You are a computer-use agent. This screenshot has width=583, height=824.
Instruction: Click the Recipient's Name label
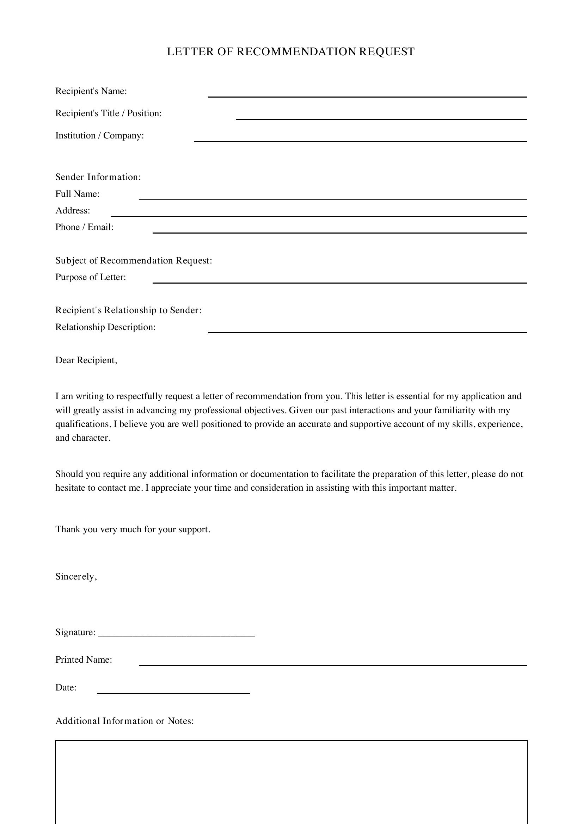tap(91, 91)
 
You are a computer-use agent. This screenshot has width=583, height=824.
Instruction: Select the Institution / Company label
tap(99, 136)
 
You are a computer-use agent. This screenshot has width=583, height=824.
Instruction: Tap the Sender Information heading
tap(98, 177)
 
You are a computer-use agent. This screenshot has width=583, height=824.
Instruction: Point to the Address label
tap(73, 211)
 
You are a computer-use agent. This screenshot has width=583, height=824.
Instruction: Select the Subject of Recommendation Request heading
tap(134, 261)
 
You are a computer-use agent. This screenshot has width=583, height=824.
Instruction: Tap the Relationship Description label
tap(105, 327)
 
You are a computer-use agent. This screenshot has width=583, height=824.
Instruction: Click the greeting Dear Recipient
tap(86, 360)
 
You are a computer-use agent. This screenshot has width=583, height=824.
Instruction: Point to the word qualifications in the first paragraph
tap(82, 424)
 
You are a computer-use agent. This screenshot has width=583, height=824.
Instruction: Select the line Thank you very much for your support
tap(133, 529)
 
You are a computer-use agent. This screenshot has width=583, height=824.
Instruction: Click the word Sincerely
tap(76, 577)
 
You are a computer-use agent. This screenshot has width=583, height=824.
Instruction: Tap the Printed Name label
tap(84, 659)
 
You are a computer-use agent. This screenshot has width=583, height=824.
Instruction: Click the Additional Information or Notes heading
tap(124, 721)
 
